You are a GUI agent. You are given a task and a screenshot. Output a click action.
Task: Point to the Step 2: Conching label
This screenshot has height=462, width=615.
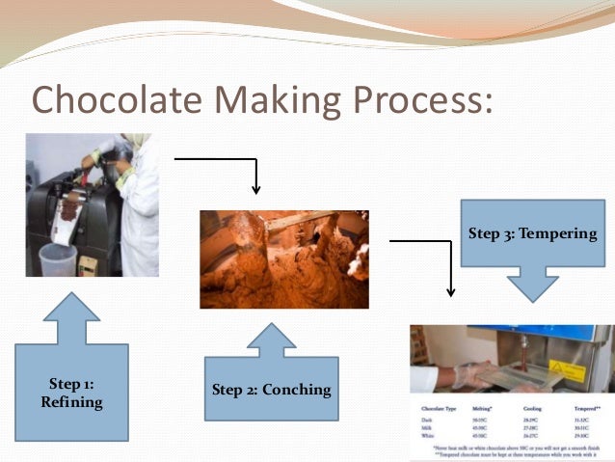(x=271, y=391)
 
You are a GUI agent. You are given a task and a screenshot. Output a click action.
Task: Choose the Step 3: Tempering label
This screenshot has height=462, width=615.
(x=533, y=234)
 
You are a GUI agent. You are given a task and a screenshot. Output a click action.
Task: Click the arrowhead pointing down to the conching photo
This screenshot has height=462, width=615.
(x=255, y=186)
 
